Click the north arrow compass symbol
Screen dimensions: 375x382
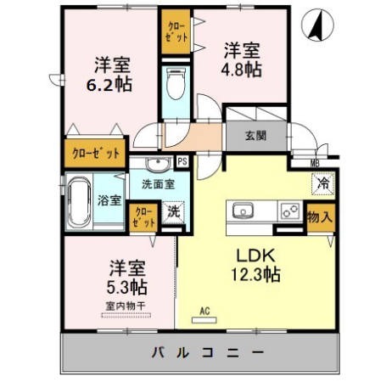click(318, 25)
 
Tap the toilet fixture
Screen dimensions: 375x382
click(176, 83)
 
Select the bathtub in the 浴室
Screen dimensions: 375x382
click(79, 202)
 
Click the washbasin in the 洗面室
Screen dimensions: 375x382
click(158, 164)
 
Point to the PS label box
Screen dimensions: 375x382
click(182, 161)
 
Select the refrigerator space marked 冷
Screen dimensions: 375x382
click(323, 183)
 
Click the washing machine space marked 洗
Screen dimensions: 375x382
click(173, 211)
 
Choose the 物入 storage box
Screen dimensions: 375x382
click(321, 217)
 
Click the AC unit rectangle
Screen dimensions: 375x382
click(204, 320)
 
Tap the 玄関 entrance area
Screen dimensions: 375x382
click(256, 136)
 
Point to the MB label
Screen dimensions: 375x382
click(315, 163)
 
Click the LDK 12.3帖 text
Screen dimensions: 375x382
click(256, 265)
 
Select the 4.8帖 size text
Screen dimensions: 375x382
click(241, 70)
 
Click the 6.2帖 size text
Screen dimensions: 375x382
click(109, 84)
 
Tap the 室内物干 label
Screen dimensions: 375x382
click(126, 306)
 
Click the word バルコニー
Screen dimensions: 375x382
click(208, 352)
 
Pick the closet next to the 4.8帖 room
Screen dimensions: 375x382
click(176, 31)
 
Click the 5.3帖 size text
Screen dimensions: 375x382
click(126, 288)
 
